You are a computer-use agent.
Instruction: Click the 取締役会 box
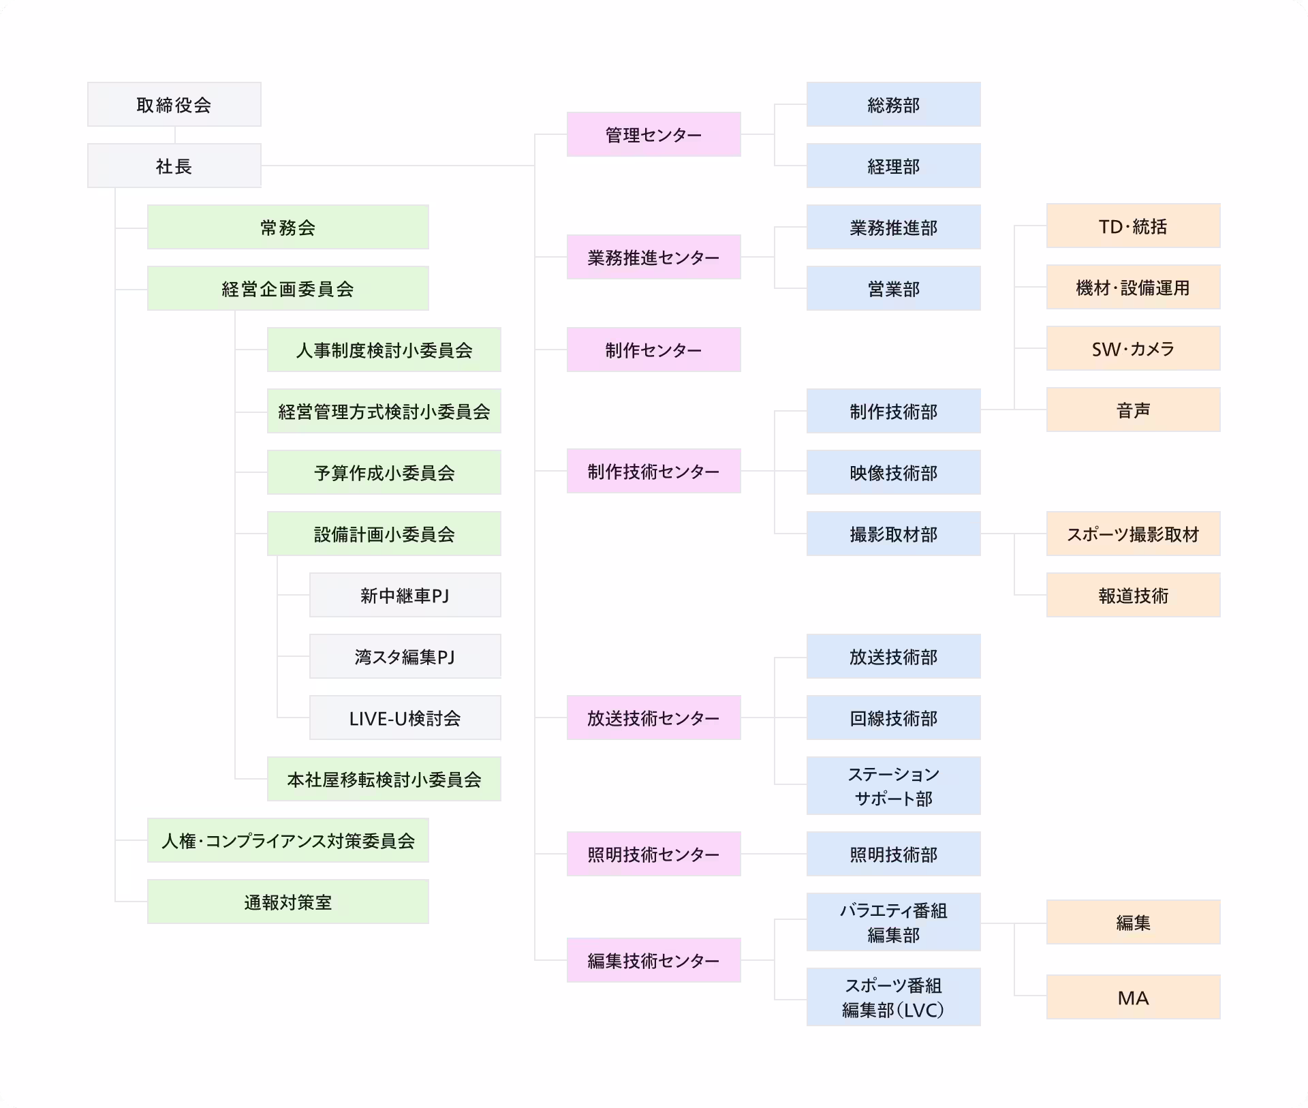[174, 104]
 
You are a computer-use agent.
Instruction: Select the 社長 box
[174, 166]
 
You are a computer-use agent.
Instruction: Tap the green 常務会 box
[287, 227]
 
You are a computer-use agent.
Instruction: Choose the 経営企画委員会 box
[287, 288]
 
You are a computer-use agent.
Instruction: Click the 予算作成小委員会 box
[384, 472]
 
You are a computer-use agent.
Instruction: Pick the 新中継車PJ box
[405, 595]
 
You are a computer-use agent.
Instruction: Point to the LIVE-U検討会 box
[405, 718]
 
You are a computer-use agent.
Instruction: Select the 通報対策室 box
[287, 902]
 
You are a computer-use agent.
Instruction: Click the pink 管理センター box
[653, 134]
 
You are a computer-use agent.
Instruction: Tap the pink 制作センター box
[653, 350]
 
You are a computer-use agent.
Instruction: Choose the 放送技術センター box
[653, 718]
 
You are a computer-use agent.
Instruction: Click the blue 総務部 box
[893, 104]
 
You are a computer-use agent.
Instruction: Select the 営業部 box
[893, 288]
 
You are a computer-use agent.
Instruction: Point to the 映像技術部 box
[893, 472]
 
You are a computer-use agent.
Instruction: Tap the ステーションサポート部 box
[893, 786]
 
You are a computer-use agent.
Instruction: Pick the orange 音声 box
[1133, 410]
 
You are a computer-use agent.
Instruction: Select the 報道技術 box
[1133, 595]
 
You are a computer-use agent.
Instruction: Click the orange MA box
[1133, 997]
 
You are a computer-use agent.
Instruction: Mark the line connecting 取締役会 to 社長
[174, 135]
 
